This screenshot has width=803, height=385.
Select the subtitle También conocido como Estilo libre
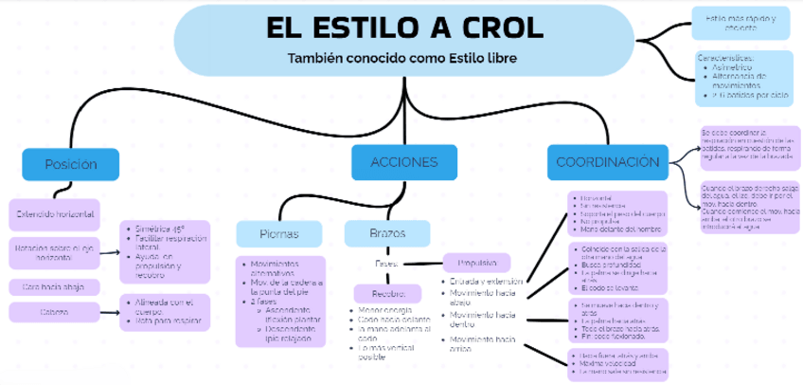(402, 57)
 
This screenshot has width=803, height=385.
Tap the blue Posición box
(71, 164)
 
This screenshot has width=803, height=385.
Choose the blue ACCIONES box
(404, 162)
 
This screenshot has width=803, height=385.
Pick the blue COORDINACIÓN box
(607, 162)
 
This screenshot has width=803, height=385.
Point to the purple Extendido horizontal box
(54, 214)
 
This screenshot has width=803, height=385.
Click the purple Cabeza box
(54, 312)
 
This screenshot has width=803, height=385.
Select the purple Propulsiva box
(477, 263)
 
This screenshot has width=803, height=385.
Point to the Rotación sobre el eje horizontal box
(54, 251)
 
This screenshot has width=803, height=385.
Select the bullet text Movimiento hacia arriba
(482, 343)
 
